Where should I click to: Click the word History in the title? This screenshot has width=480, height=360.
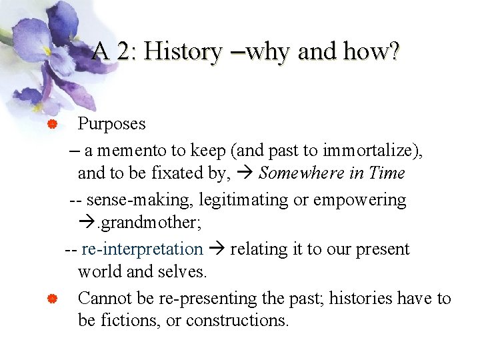[183, 51]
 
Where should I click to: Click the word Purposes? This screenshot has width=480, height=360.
[111, 123]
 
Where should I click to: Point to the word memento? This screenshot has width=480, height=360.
[134, 151]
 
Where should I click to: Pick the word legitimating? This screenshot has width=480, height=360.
[227, 200]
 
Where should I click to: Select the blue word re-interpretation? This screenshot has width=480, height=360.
[142, 249]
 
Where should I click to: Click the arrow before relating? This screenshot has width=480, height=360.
[217, 249]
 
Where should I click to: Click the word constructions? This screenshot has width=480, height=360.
[237, 321]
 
